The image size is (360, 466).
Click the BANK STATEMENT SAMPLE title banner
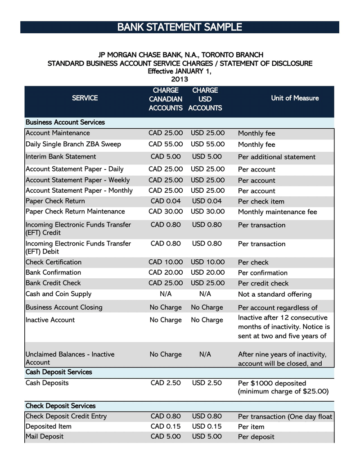[x=180, y=27]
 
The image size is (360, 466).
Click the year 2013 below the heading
[x=180, y=79]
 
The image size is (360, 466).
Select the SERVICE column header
[x=85, y=98]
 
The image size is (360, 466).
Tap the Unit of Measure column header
[x=295, y=98]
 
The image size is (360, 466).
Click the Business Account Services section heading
[x=65, y=122]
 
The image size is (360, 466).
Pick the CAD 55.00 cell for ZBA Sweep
[x=166, y=145]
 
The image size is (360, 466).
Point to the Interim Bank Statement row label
[x=61, y=157]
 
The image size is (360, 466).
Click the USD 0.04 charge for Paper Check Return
[x=207, y=201]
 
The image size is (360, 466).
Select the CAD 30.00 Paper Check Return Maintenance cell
[x=166, y=212]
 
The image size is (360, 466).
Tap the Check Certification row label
[x=54, y=262]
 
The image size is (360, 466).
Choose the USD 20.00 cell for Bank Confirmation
[x=207, y=272]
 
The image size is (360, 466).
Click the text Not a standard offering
[x=274, y=294]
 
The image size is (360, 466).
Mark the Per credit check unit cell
[x=263, y=284]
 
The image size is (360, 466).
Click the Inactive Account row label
[x=50, y=320]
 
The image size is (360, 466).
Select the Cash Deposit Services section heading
[x=59, y=372]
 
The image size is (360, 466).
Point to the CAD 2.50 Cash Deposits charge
[x=166, y=383]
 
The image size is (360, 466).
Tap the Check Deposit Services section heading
[x=61, y=406]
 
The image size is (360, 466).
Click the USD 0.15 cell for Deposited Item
[x=207, y=426]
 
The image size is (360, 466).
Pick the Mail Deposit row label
[x=45, y=437]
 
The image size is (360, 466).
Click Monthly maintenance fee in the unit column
[x=277, y=212]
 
